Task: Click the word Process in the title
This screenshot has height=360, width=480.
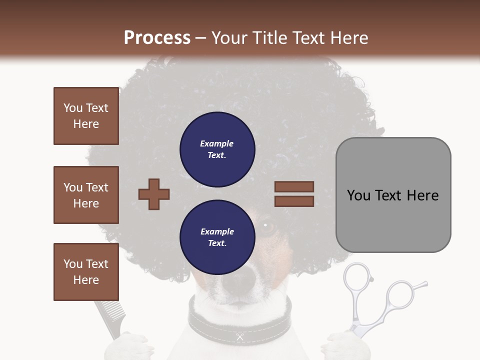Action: coord(157,38)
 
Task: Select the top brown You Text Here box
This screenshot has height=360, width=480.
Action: coord(86,116)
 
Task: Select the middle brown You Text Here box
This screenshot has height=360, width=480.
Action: coord(86,195)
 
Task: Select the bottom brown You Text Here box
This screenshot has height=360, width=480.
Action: coord(86,272)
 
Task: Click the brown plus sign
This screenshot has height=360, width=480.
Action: coord(154,193)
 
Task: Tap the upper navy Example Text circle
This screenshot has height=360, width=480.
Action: coord(217,149)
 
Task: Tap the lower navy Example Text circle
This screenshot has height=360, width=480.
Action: coord(217,237)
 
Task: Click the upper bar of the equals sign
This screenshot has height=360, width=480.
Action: coord(294,187)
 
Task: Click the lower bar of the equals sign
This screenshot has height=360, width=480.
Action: coord(294,201)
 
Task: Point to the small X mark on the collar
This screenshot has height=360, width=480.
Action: coord(240,337)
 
